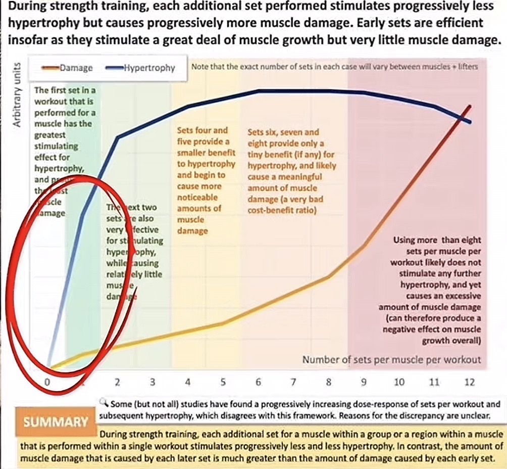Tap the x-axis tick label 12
pyautogui.click(x=470, y=382)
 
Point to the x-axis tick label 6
pyautogui.click(x=258, y=382)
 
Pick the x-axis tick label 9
pyautogui.click(x=364, y=382)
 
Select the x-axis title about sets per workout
pyautogui.click(x=391, y=360)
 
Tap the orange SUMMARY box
pyautogui.click(x=56, y=421)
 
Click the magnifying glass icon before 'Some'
pyautogui.click(x=105, y=403)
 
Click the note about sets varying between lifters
pyautogui.click(x=334, y=66)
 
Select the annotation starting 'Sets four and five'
pyautogui.click(x=206, y=180)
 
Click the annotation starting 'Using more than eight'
pyautogui.click(x=436, y=290)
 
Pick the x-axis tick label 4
pyautogui.click(x=188, y=382)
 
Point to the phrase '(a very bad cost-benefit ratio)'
pyautogui.click(x=285, y=205)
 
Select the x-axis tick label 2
pyautogui.click(x=117, y=382)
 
